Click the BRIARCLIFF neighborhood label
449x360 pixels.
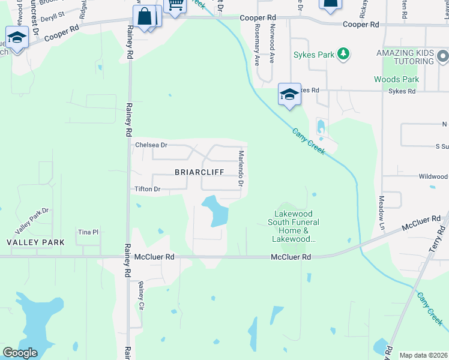tap(199, 172)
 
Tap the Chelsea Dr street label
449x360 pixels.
tap(151, 145)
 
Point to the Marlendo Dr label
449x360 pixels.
tap(240, 167)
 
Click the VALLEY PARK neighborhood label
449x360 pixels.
tap(35, 242)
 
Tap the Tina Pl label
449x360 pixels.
tap(88, 232)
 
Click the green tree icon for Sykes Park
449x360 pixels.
tap(343, 55)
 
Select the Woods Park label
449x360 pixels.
tap(396, 79)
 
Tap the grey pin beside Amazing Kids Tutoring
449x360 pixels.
tap(443, 58)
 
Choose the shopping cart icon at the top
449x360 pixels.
tap(175, 5)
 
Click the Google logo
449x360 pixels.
tap(20, 353)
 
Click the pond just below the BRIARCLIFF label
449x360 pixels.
tap(216, 211)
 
